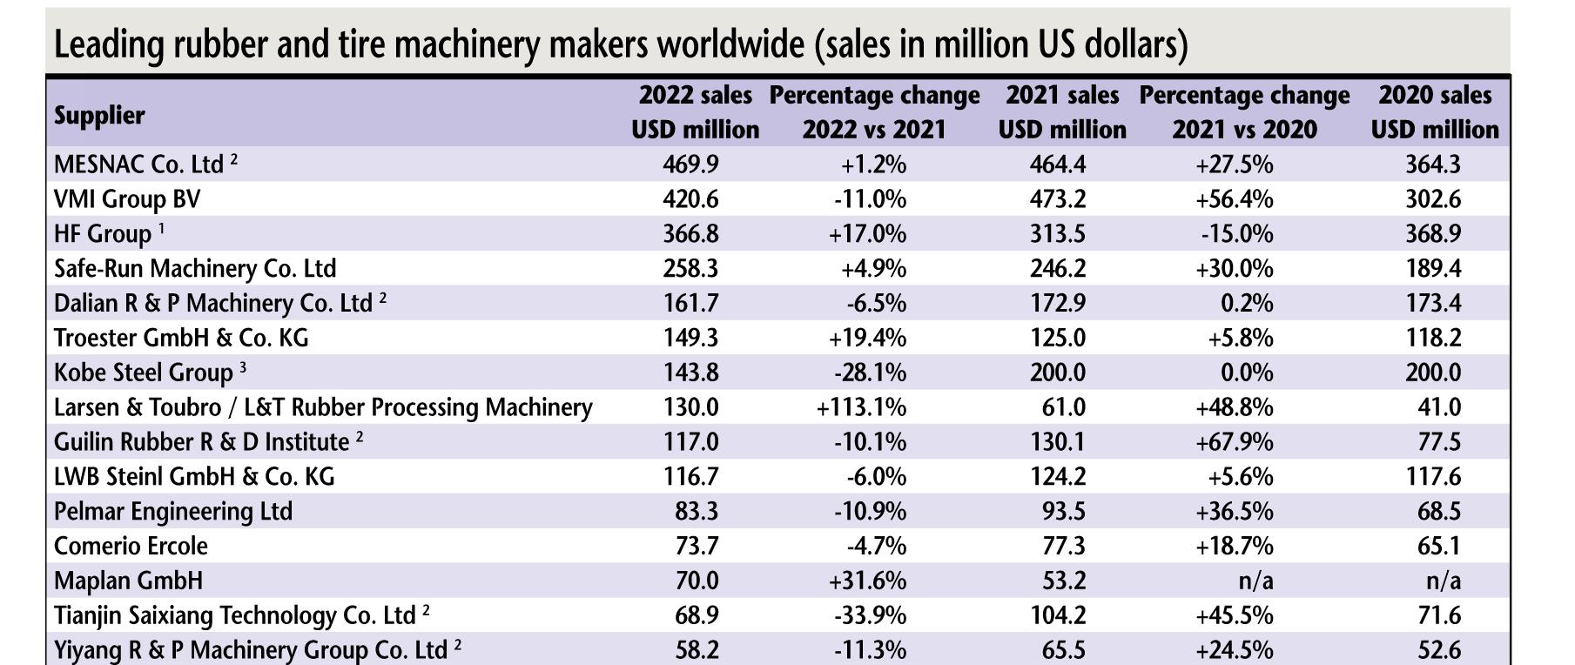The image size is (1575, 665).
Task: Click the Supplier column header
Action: (x=99, y=115)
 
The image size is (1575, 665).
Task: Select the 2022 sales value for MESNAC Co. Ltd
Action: (x=690, y=165)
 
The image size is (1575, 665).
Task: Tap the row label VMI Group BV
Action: (x=127, y=199)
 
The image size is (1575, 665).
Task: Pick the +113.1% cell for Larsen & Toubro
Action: (x=861, y=407)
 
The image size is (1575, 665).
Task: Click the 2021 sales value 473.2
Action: (x=1057, y=199)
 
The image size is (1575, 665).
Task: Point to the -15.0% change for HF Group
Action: (x=1236, y=234)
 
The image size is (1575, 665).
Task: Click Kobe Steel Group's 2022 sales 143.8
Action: (x=690, y=373)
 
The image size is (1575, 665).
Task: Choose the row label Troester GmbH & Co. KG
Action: (x=181, y=338)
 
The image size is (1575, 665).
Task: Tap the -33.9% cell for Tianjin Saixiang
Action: (x=870, y=615)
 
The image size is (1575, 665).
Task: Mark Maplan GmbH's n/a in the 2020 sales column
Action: (x=1440, y=581)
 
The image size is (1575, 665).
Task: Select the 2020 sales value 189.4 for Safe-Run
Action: (x=1433, y=268)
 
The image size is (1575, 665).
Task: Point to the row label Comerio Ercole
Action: (x=131, y=546)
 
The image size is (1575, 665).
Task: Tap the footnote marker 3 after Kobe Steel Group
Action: (x=243, y=367)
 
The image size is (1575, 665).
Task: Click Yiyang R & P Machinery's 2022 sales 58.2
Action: (x=697, y=650)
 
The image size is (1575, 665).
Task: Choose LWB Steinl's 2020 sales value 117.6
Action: (x=1433, y=476)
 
